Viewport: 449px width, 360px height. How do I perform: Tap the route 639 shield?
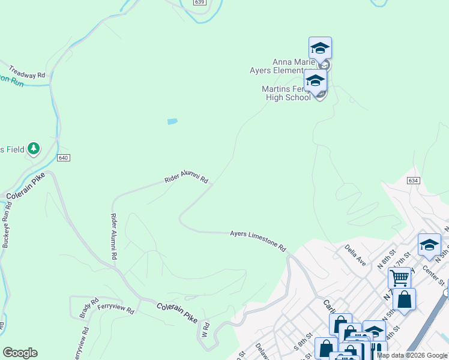tap(200, 2)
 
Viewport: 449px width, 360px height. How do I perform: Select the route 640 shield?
tap(64, 157)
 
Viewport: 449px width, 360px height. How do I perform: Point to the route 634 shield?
tap(412, 181)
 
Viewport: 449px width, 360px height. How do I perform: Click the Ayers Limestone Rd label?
tap(258, 240)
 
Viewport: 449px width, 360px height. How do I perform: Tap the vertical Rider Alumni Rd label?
tap(113, 236)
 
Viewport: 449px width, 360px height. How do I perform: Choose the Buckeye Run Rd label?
tap(7, 225)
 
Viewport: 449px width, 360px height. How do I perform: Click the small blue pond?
tap(172, 121)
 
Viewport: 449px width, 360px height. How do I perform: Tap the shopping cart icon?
tap(399, 278)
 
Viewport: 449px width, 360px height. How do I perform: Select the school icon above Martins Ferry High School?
tap(315, 80)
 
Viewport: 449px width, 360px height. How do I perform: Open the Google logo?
tap(20, 353)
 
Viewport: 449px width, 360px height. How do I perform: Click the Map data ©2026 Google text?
tap(412, 355)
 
